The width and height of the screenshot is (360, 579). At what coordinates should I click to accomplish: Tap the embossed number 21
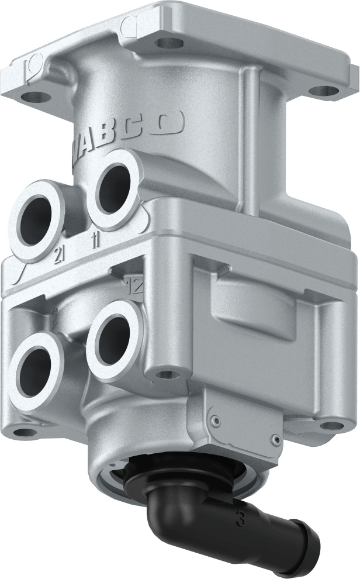pos(59,256)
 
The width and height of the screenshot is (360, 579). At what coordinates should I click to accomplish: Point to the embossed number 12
pos(135,285)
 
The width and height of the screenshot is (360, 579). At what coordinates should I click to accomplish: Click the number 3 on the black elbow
pos(240,519)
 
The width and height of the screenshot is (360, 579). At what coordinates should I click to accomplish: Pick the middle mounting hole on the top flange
pos(170,42)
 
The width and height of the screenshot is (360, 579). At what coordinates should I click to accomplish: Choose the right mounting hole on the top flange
pos(323,91)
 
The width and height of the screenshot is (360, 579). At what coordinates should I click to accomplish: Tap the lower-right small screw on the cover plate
pos(275,436)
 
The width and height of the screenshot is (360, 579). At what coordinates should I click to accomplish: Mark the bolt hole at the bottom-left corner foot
pos(25,432)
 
